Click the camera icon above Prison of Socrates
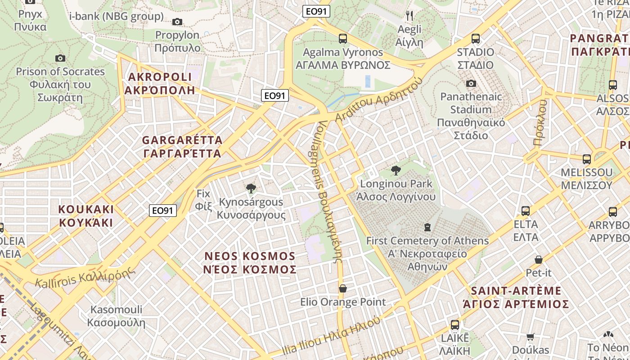click(60, 58)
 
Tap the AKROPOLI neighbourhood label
click(161, 83)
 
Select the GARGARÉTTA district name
click(182, 147)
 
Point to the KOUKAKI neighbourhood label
click(86, 216)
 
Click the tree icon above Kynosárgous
click(251, 188)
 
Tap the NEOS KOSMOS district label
click(250, 262)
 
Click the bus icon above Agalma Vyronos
click(343, 39)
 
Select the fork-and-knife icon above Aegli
click(409, 16)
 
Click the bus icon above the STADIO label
click(476, 39)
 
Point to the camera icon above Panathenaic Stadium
click(471, 83)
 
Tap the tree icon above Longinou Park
click(396, 170)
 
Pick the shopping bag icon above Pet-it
click(539, 260)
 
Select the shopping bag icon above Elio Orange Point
click(343, 288)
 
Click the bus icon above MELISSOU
click(586, 159)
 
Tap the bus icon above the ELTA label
click(526, 211)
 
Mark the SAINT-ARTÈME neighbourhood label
click(516, 297)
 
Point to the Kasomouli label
click(117, 316)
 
